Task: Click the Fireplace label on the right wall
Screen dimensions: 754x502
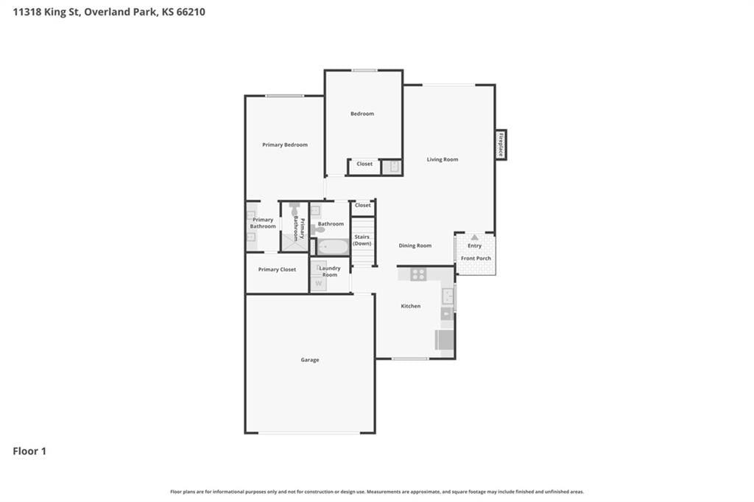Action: coord(501,144)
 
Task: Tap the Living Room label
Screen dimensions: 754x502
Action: coord(443,159)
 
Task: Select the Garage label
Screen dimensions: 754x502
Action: coord(310,360)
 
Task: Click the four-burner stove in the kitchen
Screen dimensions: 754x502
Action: coord(418,274)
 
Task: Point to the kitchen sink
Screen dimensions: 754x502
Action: coord(447,296)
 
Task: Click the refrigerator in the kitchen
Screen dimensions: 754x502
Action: coord(445,340)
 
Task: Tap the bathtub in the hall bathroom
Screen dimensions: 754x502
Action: coord(333,247)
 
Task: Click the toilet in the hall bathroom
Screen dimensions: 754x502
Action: coord(318,229)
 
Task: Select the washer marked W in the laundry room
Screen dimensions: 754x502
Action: coord(318,284)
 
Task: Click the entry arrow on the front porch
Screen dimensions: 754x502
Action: coord(475,237)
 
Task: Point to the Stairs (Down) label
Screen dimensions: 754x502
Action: coord(362,240)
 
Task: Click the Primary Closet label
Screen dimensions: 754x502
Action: coord(277,270)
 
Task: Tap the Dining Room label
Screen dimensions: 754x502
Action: coord(415,245)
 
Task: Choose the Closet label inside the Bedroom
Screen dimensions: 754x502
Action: coord(364,164)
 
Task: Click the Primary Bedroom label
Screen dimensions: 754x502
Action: coord(285,144)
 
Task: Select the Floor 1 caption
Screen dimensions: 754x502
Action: coord(29,451)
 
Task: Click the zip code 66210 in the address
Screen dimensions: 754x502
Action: coord(191,12)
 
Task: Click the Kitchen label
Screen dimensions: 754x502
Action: coord(411,306)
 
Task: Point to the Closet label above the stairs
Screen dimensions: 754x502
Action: coord(362,205)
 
